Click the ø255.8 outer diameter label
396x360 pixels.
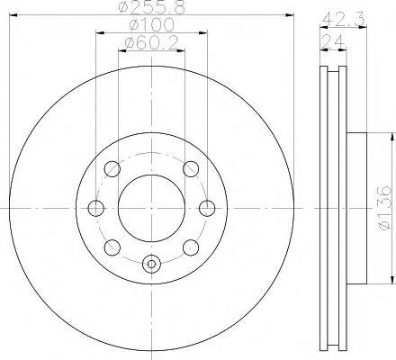point(152,7)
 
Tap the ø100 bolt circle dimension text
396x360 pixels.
point(151,24)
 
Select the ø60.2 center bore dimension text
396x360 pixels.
point(151,43)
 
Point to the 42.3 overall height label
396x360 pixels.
point(344,20)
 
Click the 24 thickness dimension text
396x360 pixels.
point(332,41)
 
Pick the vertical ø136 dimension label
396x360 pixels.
point(385,208)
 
